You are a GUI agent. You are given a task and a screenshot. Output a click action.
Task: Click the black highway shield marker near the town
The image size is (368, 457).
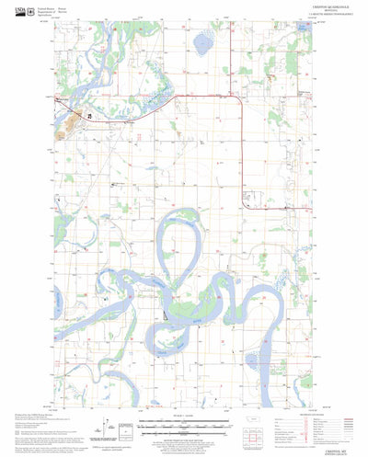[89, 117]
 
